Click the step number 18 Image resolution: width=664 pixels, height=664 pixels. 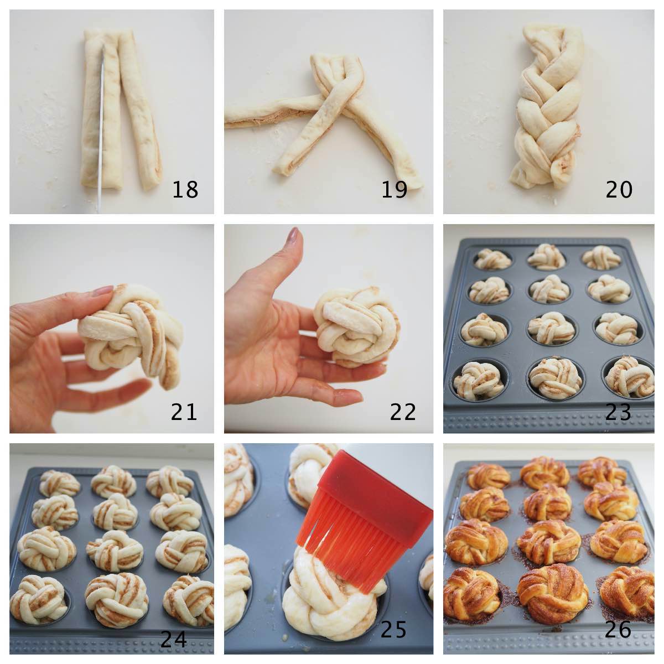point(185,189)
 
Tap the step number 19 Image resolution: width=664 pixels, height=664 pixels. point(394,189)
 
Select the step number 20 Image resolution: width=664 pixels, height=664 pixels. point(619,189)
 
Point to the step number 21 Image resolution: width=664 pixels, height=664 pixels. point(184,411)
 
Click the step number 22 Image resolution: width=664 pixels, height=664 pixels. point(402,411)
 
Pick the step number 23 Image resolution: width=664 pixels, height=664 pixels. point(618,411)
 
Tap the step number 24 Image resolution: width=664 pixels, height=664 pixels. point(174,640)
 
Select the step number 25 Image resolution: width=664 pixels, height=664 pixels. point(393,629)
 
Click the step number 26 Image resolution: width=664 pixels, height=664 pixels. point(618,629)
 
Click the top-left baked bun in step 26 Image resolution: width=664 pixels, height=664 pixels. point(488,476)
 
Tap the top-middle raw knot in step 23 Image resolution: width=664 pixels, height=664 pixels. point(547,256)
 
